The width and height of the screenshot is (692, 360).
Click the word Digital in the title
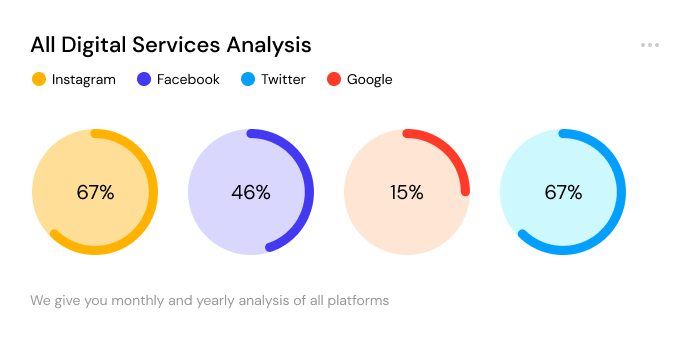(x=94, y=45)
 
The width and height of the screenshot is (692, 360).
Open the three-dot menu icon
(x=650, y=45)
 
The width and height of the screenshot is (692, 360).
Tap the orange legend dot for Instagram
(x=39, y=79)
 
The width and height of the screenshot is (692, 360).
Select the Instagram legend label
(x=83, y=79)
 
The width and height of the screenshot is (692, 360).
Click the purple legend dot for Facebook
(x=144, y=79)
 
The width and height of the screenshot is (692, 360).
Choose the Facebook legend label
(x=188, y=79)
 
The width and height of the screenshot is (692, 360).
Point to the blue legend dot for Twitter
(x=248, y=79)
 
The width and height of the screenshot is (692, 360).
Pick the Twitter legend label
(x=283, y=79)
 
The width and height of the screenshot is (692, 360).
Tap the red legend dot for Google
(x=334, y=79)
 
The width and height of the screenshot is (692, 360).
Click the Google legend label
(x=369, y=79)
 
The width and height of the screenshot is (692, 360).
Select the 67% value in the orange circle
(x=95, y=192)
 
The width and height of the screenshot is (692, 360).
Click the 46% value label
(x=251, y=192)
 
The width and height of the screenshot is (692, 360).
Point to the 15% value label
(x=407, y=192)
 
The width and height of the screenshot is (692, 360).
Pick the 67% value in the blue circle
(x=563, y=192)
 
